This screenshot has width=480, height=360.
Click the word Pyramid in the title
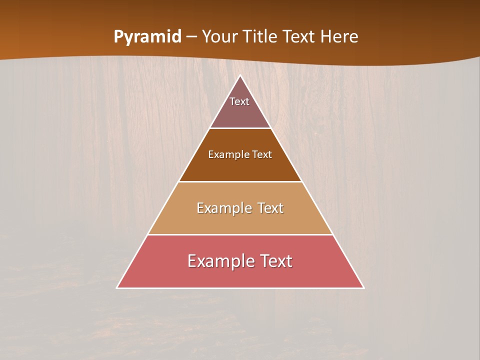click(x=147, y=37)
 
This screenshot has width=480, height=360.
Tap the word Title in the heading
click(x=262, y=37)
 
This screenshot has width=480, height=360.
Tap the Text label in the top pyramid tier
click(x=239, y=101)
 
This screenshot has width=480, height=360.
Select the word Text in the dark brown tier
click(x=262, y=154)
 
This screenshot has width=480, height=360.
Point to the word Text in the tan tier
click(x=270, y=208)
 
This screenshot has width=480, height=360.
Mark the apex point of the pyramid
click(x=240, y=76)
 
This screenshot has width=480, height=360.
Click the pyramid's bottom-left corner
click(x=117, y=288)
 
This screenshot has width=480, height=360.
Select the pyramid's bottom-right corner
click(x=363, y=288)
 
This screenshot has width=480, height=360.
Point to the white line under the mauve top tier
click(x=240, y=128)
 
